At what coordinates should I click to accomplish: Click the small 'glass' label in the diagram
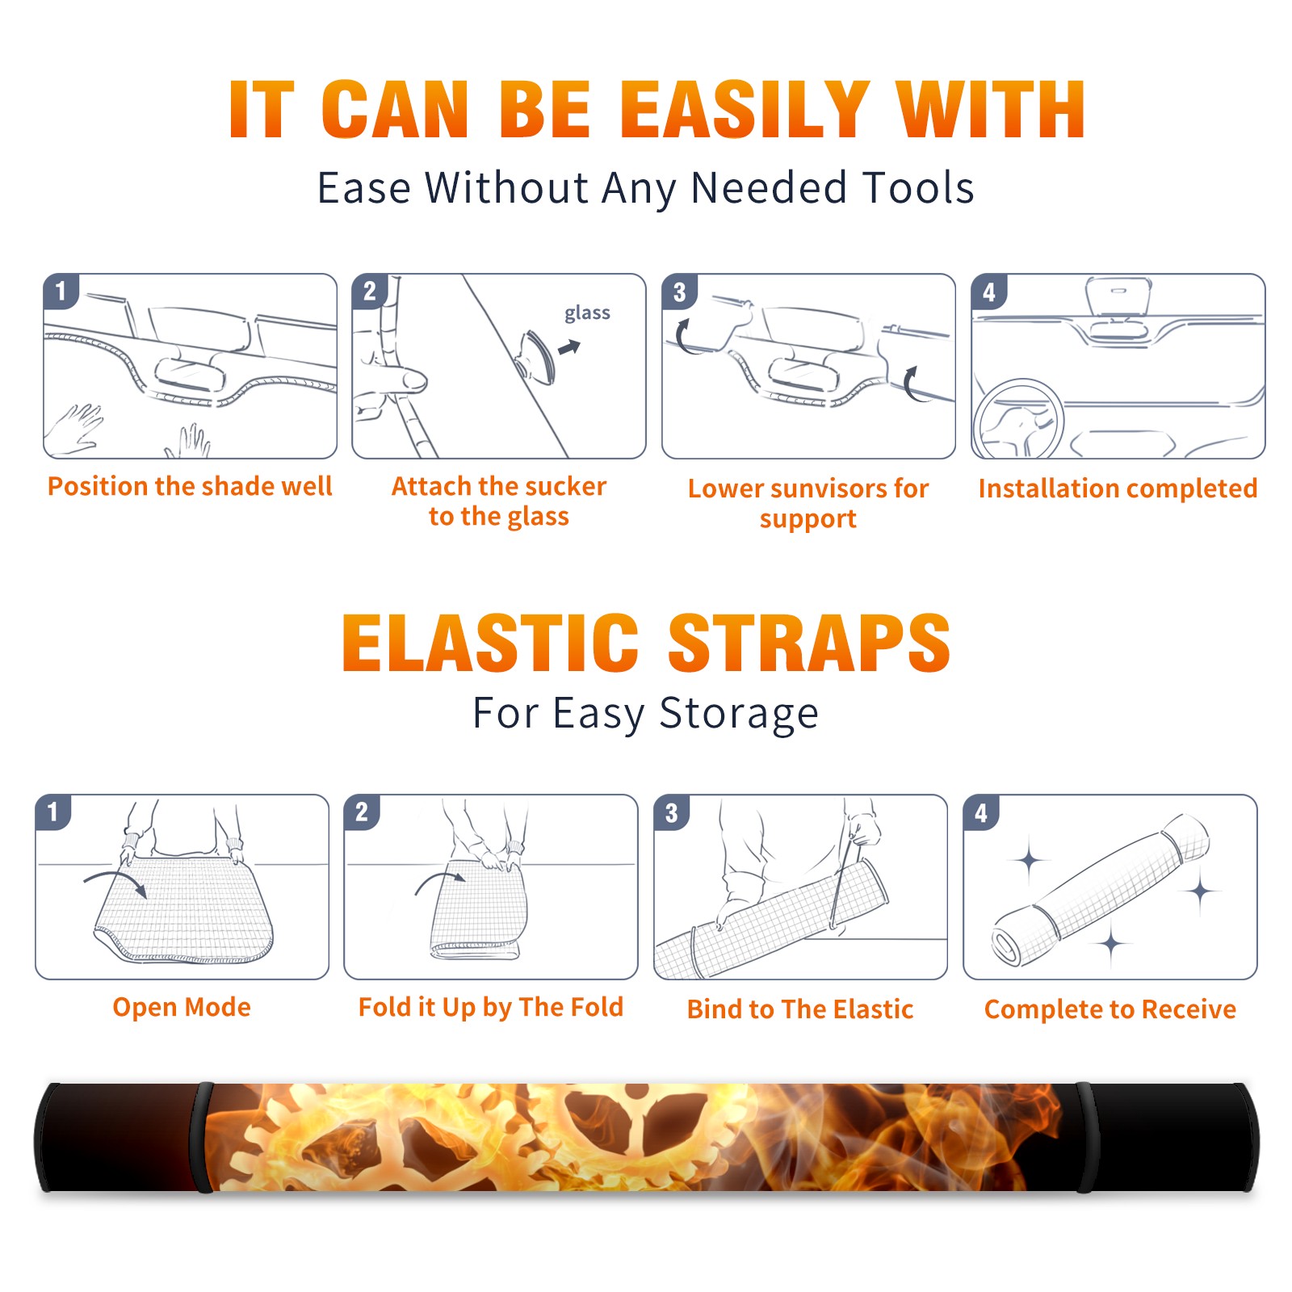(x=587, y=313)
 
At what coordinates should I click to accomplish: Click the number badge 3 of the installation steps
(x=679, y=292)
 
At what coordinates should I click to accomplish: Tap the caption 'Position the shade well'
(x=190, y=486)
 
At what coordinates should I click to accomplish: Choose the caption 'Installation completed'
(x=1118, y=488)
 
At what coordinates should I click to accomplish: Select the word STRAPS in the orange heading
(x=809, y=643)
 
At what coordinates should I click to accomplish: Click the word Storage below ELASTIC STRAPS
(x=739, y=714)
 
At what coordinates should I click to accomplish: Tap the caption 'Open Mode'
(x=182, y=1007)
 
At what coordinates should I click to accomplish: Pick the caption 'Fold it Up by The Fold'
(x=491, y=1007)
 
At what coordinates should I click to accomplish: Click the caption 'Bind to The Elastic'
(x=800, y=1009)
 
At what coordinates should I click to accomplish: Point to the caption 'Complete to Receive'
(x=1110, y=1009)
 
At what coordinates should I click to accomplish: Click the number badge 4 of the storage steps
(x=980, y=812)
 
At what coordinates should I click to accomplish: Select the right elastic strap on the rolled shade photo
(x=1085, y=1137)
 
